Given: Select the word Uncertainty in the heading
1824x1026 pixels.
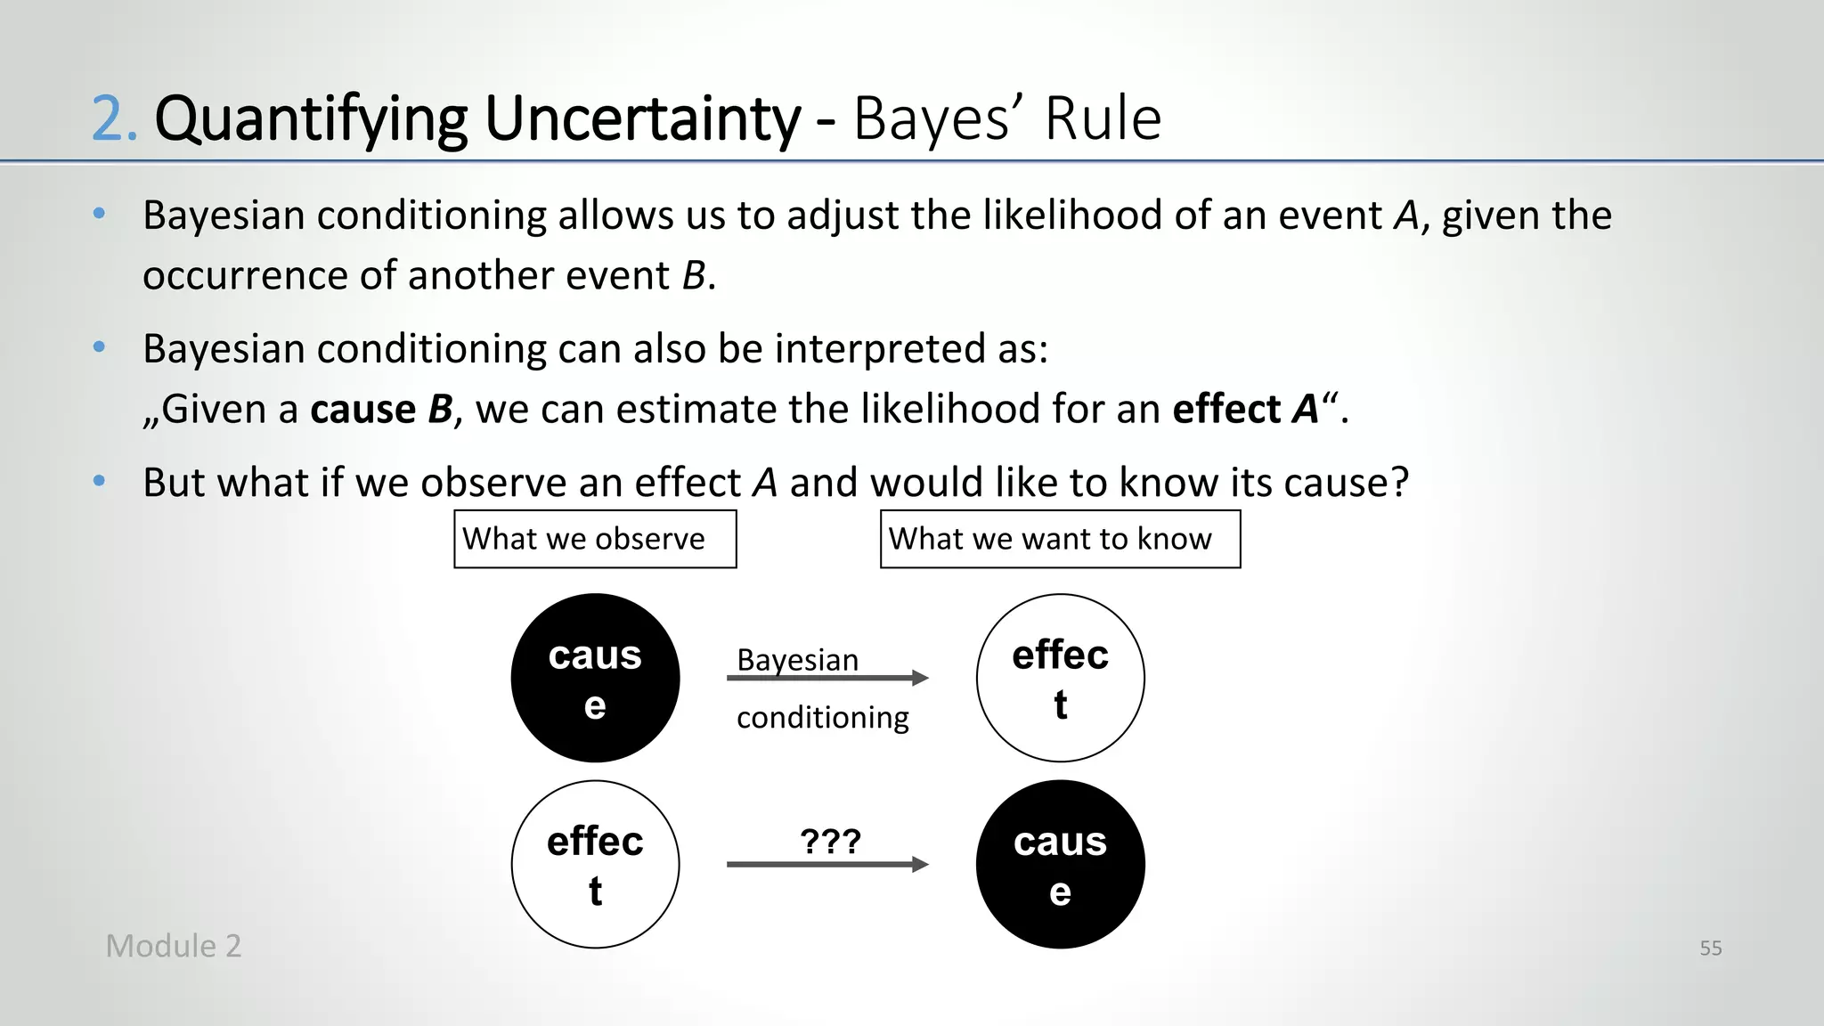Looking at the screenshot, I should (x=642, y=118).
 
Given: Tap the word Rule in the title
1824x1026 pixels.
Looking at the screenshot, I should (x=1103, y=118).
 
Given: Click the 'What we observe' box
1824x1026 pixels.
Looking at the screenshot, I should (x=595, y=539).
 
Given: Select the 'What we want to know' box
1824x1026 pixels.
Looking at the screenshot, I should (x=1060, y=539).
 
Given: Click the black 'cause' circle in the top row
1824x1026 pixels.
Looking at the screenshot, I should (x=595, y=678).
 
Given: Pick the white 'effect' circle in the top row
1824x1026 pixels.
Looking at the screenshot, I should (x=1060, y=678).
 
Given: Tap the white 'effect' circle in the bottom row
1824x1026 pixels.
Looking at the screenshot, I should (x=595, y=864).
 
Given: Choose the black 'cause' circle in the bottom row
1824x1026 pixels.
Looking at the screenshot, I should (x=1060, y=864).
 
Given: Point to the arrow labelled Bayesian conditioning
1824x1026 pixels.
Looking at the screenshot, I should (x=827, y=679).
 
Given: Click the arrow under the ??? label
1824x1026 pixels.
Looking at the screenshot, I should (x=827, y=864).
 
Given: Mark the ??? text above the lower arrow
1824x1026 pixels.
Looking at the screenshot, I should (x=830, y=841).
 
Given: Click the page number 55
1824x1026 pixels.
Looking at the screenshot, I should (x=1710, y=948).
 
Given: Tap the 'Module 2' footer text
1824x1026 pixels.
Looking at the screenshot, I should (x=174, y=946).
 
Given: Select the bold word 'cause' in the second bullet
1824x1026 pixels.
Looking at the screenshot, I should (x=362, y=409).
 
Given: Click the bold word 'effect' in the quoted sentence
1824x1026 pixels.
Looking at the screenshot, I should (x=1226, y=409).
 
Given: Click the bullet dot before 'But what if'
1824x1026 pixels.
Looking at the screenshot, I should (x=99, y=482).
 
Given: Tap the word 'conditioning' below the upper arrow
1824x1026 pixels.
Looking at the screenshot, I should (x=822, y=717).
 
